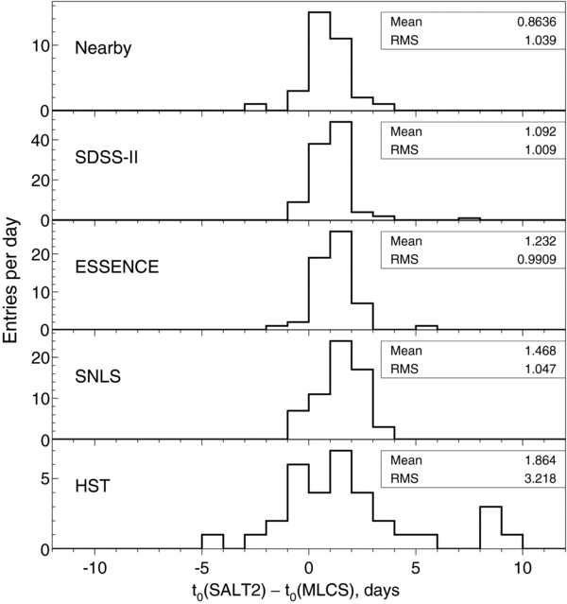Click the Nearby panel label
103,47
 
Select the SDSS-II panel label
108,155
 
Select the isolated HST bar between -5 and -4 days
213,543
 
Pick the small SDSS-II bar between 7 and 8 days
469,219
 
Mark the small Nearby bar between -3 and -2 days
255,107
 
